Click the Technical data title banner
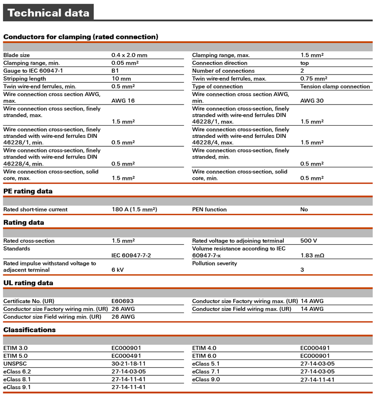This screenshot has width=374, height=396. click(x=48, y=13)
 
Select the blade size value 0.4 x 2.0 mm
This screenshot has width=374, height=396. click(x=129, y=55)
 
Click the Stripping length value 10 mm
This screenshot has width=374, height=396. click(x=121, y=79)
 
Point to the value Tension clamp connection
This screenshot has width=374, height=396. click(x=335, y=86)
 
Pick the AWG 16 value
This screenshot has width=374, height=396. click(x=123, y=100)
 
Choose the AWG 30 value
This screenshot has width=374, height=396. click(x=312, y=100)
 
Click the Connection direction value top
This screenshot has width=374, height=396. click(x=304, y=63)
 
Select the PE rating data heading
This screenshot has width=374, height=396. click(x=28, y=191)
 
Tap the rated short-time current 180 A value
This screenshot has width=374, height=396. click(x=134, y=209)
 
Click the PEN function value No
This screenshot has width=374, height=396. click(x=304, y=209)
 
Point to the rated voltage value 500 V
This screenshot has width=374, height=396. click(x=309, y=241)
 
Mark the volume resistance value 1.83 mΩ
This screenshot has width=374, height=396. click(x=312, y=255)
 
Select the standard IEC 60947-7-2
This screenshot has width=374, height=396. click(x=131, y=255)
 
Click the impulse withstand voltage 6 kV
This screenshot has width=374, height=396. click(x=117, y=270)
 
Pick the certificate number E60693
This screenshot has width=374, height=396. click(x=123, y=301)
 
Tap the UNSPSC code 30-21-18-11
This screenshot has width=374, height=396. click(x=129, y=364)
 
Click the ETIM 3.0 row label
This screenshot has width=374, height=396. click(x=15, y=348)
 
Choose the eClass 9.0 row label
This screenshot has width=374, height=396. click(x=206, y=379)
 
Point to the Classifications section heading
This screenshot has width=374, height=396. click(x=29, y=330)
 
